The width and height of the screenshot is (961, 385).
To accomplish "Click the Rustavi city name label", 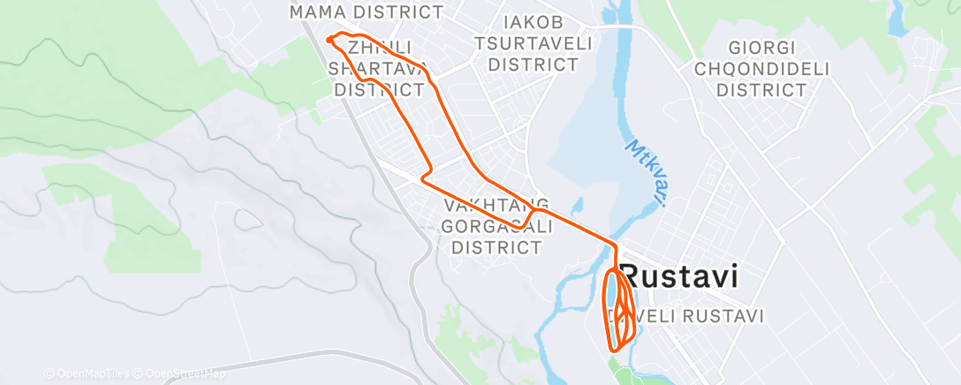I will click(x=679, y=276).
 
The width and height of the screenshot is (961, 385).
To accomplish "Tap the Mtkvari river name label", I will click(x=647, y=171).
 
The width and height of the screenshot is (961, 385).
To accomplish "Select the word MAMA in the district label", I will click(x=321, y=12).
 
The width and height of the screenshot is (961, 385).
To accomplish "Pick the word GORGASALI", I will click(x=496, y=226).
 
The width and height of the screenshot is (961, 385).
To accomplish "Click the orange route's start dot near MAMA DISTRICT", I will click(x=329, y=39).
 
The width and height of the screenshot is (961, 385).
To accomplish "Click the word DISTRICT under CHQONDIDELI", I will click(x=761, y=89).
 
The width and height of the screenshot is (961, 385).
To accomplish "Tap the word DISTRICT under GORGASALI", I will click(x=496, y=247).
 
